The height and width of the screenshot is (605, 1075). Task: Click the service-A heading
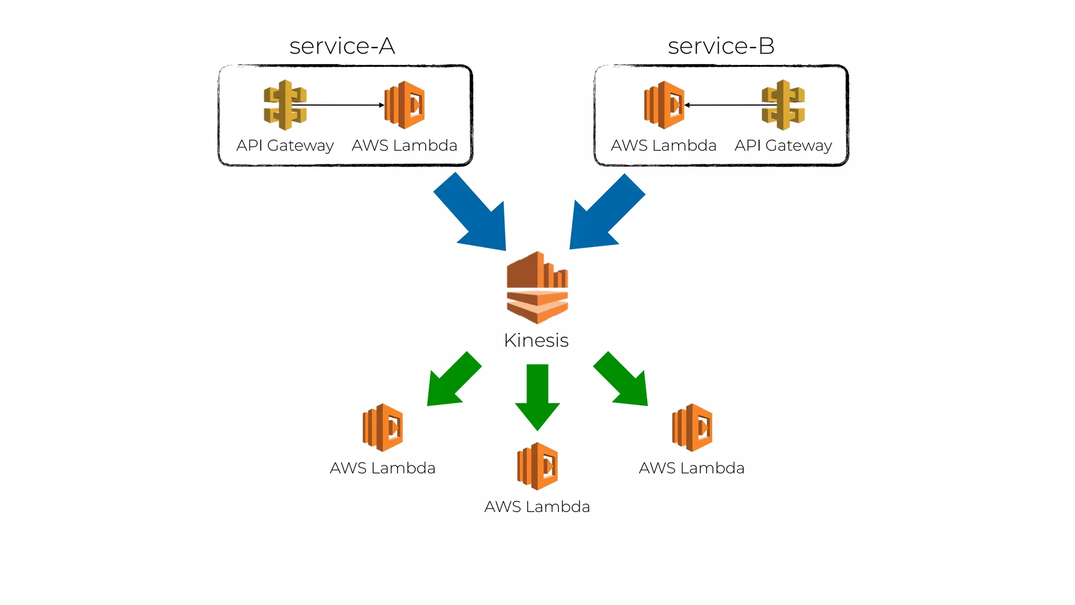click(342, 46)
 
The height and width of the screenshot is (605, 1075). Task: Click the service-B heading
click(721, 46)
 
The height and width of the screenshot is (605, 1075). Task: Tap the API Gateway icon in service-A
click(285, 105)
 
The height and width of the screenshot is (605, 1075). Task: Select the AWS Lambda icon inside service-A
click(405, 105)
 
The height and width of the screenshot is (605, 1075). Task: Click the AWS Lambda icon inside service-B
click(664, 105)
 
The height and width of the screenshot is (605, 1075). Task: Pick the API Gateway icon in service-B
click(783, 105)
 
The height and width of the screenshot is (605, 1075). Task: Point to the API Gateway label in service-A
click(285, 145)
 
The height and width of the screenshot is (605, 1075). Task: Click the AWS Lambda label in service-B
click(663, 145)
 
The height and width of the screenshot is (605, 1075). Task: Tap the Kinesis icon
click(537, 287)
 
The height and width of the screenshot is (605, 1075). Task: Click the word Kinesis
click(536, 340)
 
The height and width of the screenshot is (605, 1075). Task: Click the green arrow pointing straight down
click(537, 394)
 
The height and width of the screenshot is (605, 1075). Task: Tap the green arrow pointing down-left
click(451, 381)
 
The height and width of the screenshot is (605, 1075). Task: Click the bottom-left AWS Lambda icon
click(383, 427)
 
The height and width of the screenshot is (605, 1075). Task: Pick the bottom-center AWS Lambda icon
click(537, 466)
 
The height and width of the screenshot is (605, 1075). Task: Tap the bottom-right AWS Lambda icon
click(692, 427)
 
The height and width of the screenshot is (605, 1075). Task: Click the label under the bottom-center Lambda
click(537, 507)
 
